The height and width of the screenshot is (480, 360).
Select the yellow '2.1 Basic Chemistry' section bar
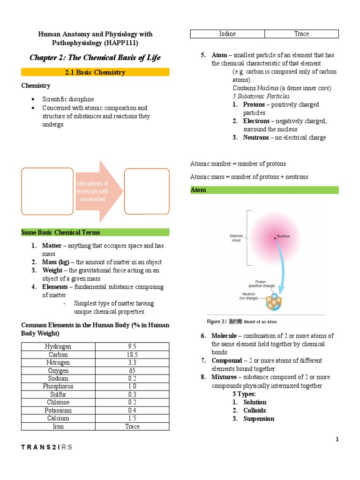tap(95, 72)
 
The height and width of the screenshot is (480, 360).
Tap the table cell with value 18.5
tap(132, 354)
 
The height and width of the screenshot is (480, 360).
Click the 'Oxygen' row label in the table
tap(58, 370)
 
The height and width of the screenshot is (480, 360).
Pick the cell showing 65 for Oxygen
tap(132, 370)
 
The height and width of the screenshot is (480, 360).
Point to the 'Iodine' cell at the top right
tap(227, 34)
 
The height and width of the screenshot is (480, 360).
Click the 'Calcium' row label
tap(58, 418)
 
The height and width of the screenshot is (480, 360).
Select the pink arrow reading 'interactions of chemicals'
tap(96, 191)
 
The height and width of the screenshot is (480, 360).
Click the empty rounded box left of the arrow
tap(47, 191)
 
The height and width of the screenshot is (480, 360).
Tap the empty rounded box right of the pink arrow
tap(147, 191)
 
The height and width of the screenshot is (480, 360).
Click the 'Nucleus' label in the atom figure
tap(283, 236)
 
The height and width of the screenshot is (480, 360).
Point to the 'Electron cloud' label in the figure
tap(236, 238)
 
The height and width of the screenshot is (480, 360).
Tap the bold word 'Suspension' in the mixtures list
tap(258, 419)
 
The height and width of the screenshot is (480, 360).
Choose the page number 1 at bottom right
tap(337, 439)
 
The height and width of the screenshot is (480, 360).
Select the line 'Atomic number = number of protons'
tap(238, 164)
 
